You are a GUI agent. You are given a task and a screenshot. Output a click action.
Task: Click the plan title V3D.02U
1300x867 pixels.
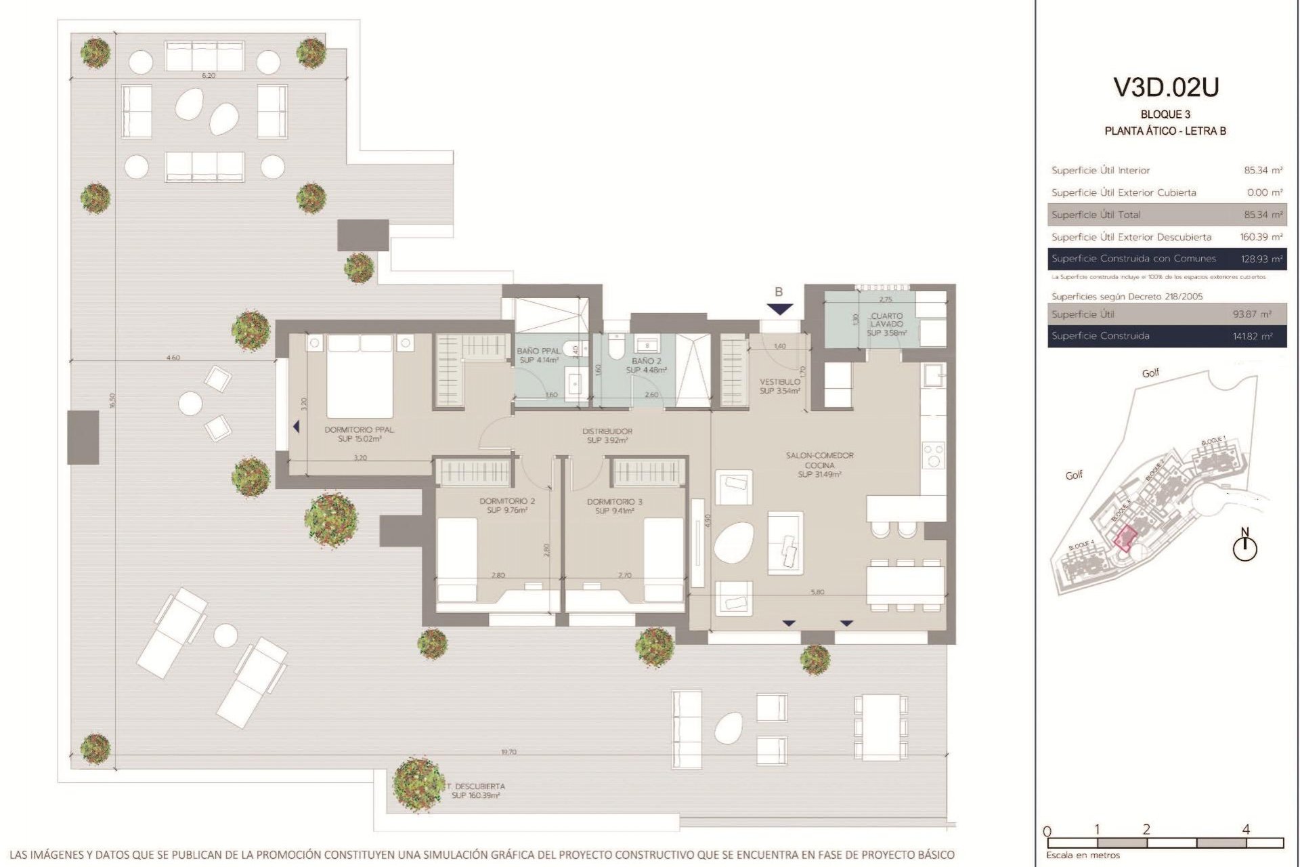coord(1166,88)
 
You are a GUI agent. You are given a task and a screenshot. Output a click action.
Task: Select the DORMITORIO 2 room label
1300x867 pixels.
coord(507,505)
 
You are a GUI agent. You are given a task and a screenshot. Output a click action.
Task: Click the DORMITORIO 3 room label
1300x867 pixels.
coord(614,506)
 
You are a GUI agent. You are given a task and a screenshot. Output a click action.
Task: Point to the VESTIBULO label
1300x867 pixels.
coord(779,386)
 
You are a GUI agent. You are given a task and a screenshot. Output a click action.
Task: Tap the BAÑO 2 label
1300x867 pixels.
coord(646,366)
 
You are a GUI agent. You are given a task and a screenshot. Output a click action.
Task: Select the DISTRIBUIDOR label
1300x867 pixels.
coord(607,436)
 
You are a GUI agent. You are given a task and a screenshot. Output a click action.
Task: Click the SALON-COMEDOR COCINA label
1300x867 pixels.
coord(819,465)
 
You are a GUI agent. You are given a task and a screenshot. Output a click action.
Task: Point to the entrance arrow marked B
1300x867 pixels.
coord(779,308)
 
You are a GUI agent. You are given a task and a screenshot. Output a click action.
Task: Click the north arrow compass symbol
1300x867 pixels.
coord(1244,546)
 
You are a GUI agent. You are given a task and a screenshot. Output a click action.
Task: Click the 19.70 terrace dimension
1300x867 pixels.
coord(508,752)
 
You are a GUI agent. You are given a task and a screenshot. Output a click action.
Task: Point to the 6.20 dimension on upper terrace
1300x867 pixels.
coord(209,76)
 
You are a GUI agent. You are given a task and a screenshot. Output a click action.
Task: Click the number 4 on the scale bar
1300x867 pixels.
coord(1246,829)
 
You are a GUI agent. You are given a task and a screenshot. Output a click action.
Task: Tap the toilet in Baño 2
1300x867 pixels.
coord(615,349)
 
